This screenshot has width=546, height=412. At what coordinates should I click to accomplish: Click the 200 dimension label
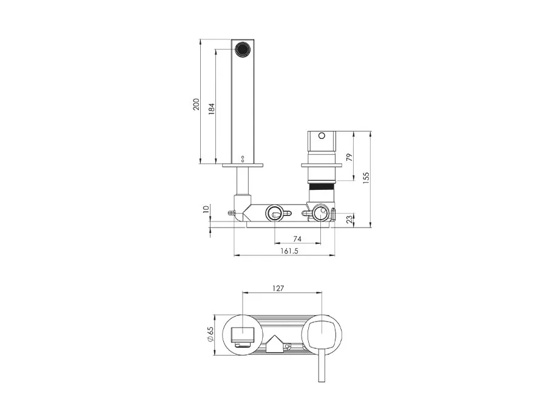197,104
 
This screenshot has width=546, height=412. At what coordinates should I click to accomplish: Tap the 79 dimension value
349,157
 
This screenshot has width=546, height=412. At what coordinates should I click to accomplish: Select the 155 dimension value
366,178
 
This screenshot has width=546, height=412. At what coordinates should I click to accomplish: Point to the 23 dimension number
349,220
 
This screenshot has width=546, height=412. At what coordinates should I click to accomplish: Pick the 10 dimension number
206,209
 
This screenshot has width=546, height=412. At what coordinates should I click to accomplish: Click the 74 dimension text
297,238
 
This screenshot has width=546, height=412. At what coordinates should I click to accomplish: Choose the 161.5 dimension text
289,251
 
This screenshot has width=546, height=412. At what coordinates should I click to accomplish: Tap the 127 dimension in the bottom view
278,288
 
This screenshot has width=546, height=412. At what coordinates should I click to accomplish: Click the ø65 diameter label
210,334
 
